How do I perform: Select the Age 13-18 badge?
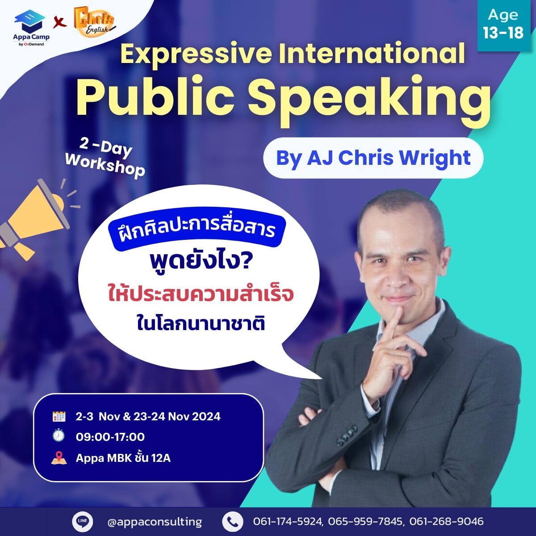pos(503,25)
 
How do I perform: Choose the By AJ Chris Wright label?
pos(373,158)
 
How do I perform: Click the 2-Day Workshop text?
pos(105,158)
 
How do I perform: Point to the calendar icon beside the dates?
pos(59,416)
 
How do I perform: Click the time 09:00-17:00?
pos(110,437)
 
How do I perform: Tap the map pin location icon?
pos(59,457)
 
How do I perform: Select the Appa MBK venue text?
pos(123,458)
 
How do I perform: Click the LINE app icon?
pos(82,521)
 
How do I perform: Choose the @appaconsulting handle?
pos(155,522)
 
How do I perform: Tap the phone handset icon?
pos(233,521)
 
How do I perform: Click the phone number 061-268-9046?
pos(446,521)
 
